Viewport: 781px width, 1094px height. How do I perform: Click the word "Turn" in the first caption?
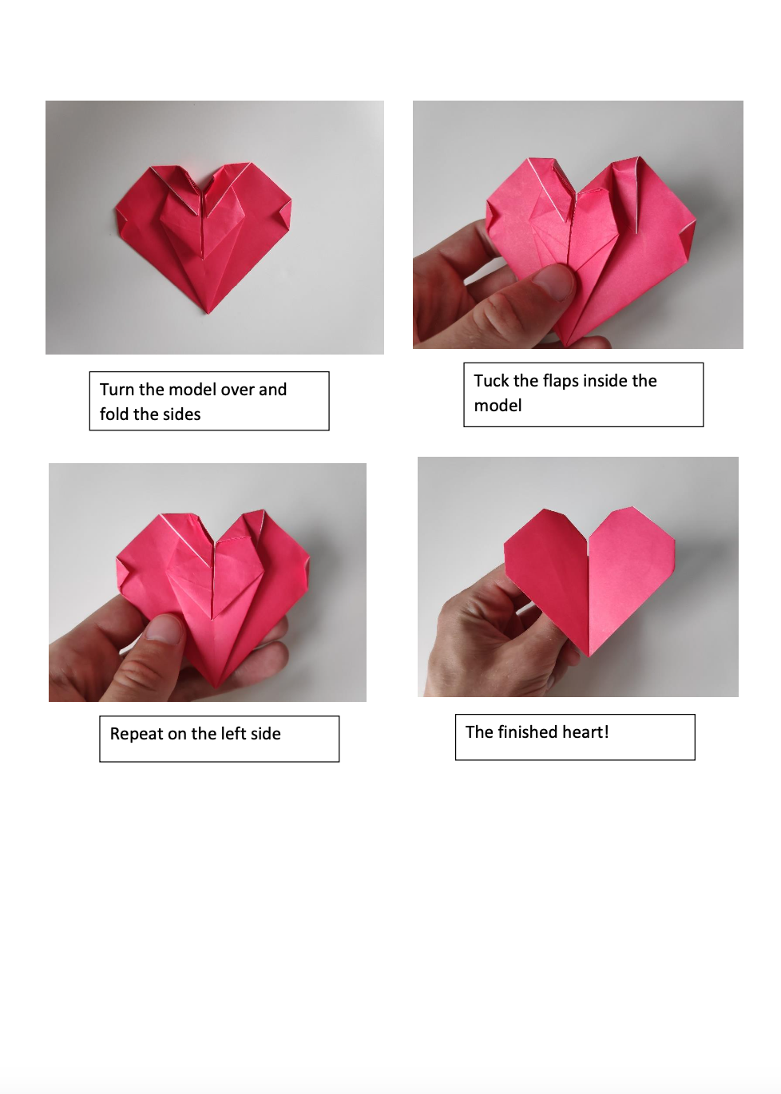(x=117, y=390)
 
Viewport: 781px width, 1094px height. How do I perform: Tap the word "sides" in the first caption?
(x=181, y=414)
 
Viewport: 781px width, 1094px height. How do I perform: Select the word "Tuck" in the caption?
(x=491, y=381)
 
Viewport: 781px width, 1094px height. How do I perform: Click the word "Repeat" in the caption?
(x=137, y=734)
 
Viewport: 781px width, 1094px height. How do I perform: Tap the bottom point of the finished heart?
(x=589, y=656)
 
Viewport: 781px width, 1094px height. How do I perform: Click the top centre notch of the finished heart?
(x=589, y=539)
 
